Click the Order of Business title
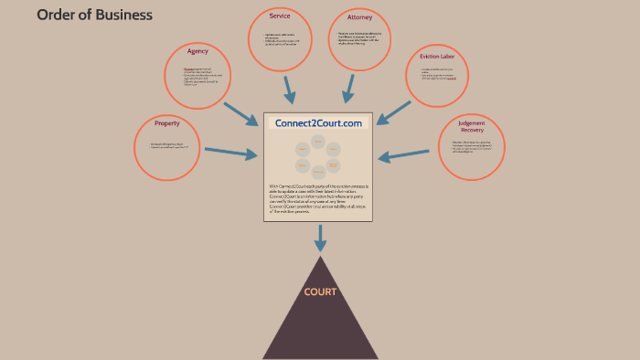pyautogui.click(x=94, y=15)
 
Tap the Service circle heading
pyautogui.click(x=280, y=16)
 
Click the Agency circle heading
pyautogui.click(x=197, y=51)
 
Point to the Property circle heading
pyautogui.click(x=167, y=122)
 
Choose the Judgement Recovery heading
pyautogui.click(x=472, y=126)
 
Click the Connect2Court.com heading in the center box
pyautogui.click(x=318, y=122)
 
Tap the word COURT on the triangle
pyautogui.click(x=321, y=292)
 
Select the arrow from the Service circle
pyautogui.click(x=290, y=90)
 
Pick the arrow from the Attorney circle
pyautogui.click(x=348, y=90)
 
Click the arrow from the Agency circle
pyautogui.click(x=240, y=113)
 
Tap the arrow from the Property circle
pyautogui.click(x=231, y=154)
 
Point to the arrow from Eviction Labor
pyautogui.click(x=394, y=111)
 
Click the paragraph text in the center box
pyautogui.click(x=318, y=198)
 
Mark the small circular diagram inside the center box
pyautogui.click(x=318, y=156)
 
